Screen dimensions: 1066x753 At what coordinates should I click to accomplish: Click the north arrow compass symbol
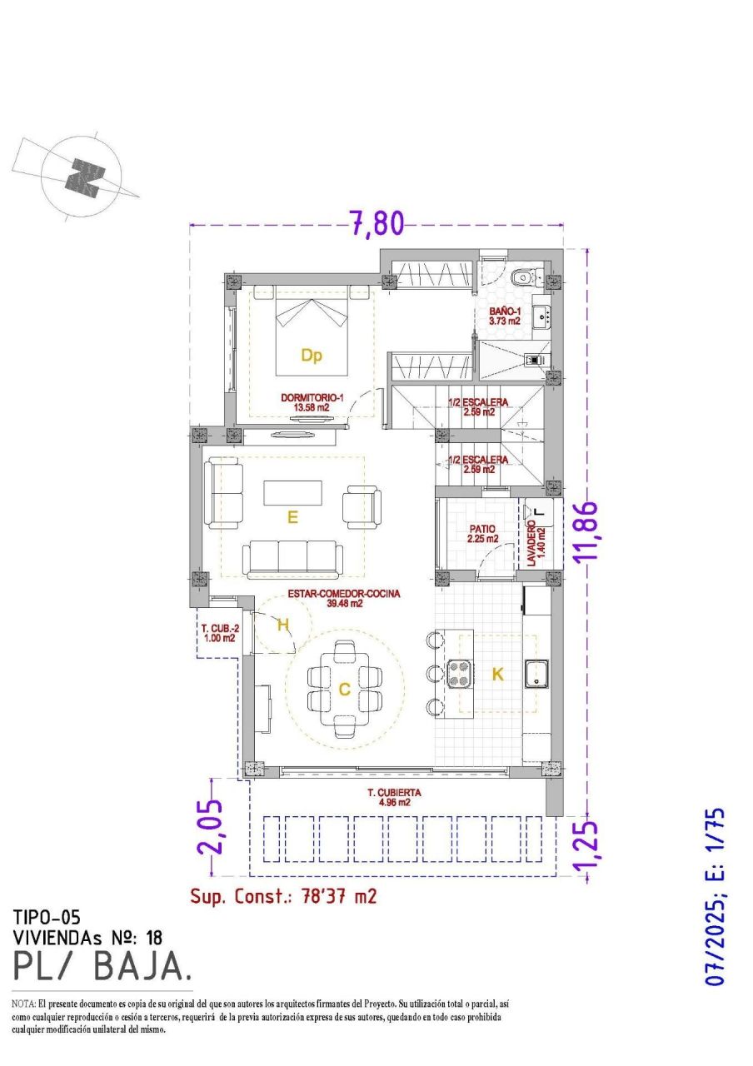point(83,176)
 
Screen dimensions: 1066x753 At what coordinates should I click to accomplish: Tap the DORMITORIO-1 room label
point(312,403)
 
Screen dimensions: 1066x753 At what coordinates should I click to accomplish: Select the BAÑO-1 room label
point(505,315)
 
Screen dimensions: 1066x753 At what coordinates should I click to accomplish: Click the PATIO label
point(481,534)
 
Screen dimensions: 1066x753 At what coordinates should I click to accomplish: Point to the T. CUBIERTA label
point(394,798)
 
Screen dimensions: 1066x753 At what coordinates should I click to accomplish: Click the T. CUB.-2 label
point(219,633)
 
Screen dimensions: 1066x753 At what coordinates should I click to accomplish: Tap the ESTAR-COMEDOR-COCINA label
point(344,599)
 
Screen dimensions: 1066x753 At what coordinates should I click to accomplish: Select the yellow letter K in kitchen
point(497,675)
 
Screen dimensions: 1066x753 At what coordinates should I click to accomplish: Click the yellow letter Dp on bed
point(312,356)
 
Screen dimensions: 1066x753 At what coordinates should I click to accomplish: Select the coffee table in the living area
point(292,493)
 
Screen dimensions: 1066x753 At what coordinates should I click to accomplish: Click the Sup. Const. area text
point(283,896)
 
